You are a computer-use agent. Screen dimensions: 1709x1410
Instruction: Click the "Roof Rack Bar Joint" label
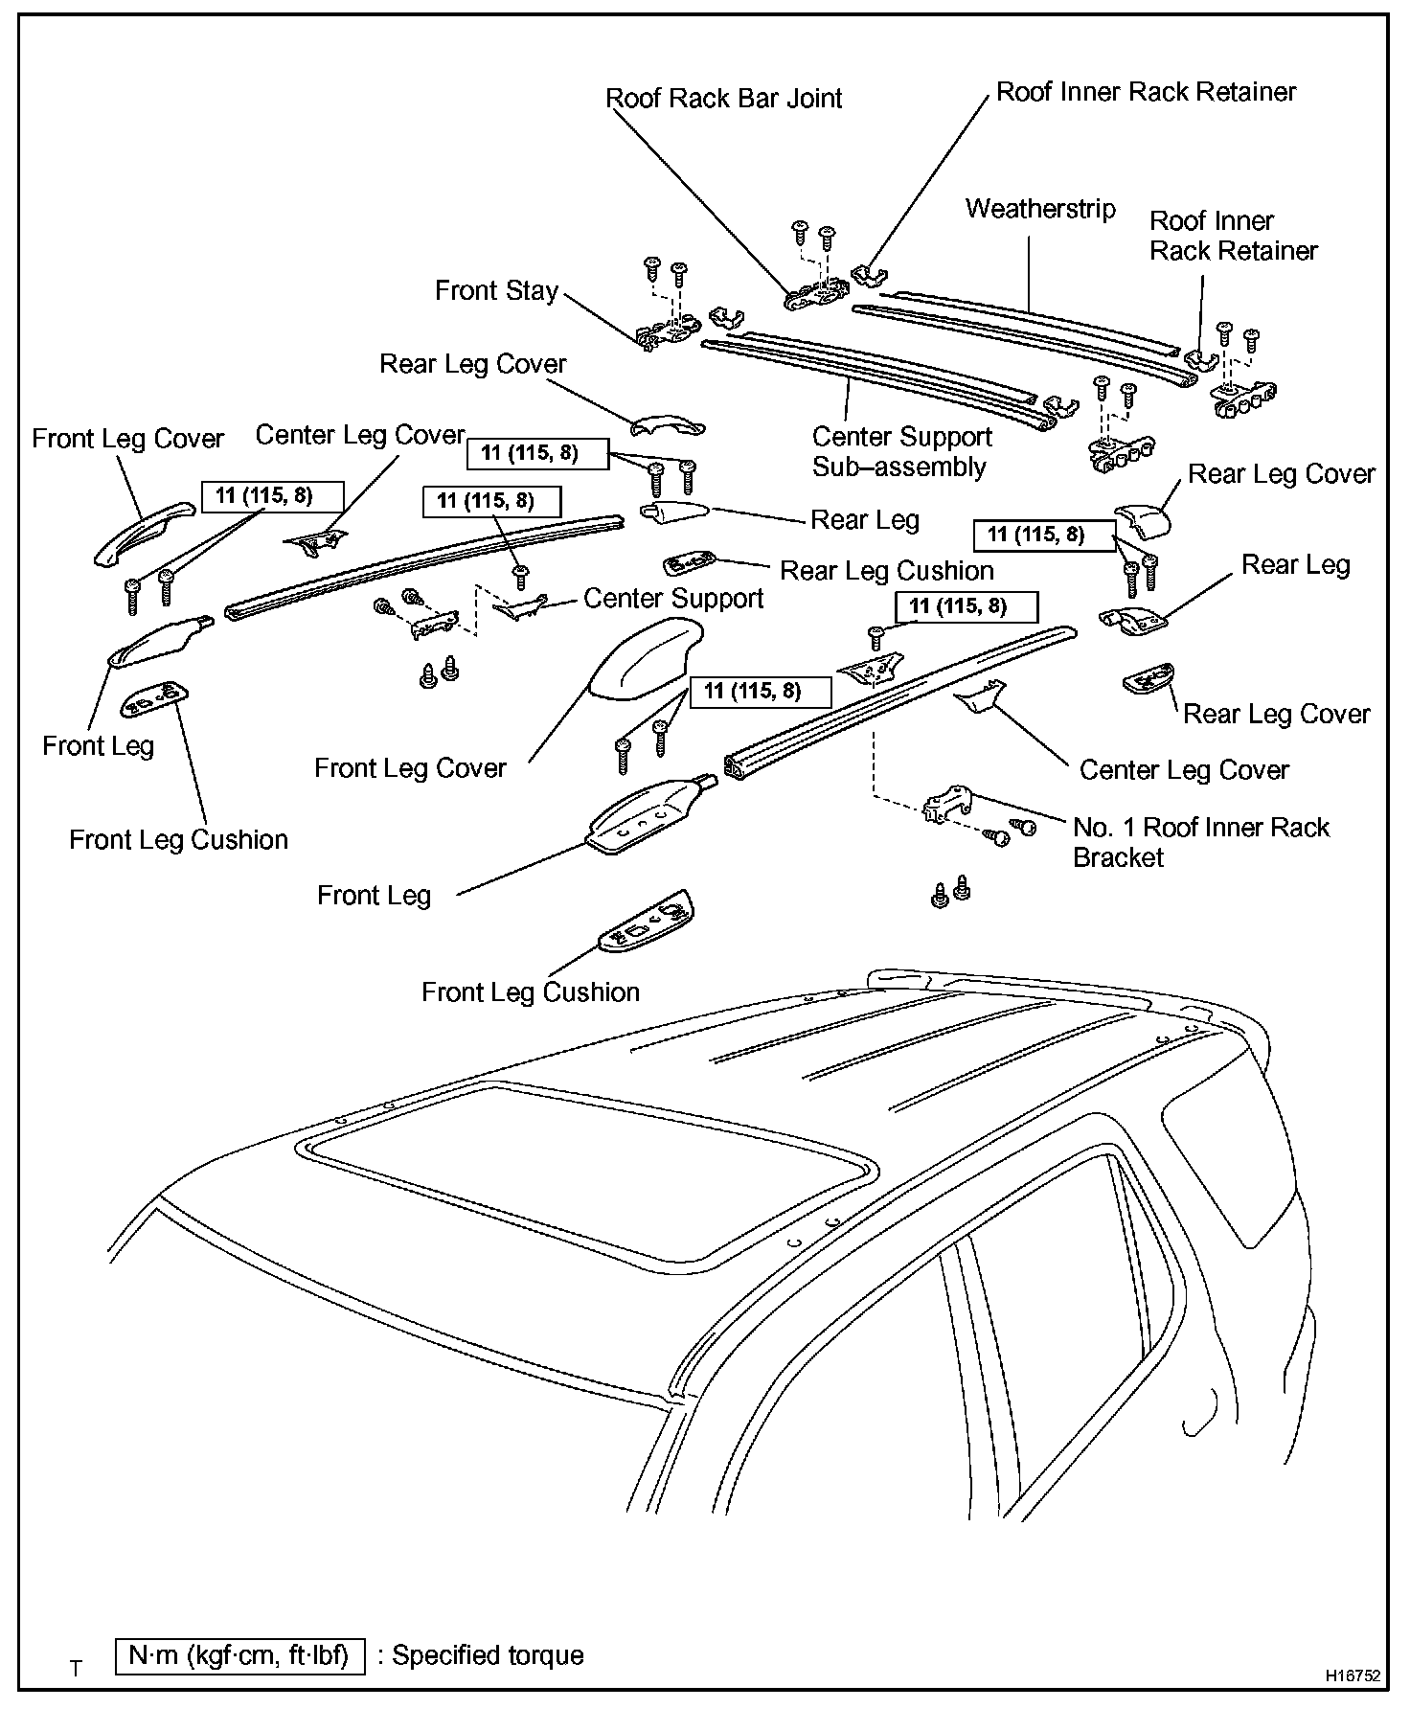[x=724, y=99]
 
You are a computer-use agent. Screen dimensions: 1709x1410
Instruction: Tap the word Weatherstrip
[x=1040, y=209]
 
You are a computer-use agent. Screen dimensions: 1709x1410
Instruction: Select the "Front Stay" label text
[x=496, y=291]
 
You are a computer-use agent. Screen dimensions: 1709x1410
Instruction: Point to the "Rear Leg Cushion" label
[x=887, y=571]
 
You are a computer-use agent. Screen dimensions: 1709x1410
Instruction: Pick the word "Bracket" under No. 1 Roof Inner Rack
[x=1118, y=857]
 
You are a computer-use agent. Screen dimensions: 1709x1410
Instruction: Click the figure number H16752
[x=1353, y=1676]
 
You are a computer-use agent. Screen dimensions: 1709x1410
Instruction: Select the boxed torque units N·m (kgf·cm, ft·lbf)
[x=239, y=1655]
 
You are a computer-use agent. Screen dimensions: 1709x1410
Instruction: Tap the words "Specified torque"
[x=489, y=1655]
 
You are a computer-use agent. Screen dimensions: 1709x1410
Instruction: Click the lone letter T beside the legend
[x=76, y=1669]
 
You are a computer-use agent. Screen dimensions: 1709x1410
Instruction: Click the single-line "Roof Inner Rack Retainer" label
[x=1146, y=92]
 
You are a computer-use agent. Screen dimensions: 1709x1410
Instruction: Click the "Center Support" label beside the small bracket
[x=673, y=599]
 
